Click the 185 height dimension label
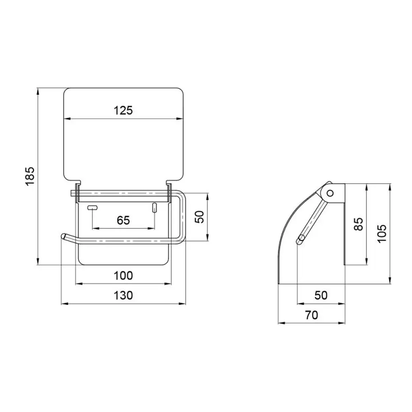30,176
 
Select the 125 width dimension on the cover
123,110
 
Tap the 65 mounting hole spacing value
123,220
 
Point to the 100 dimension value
123,276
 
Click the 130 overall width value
123,295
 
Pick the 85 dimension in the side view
358,224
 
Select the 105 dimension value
382,234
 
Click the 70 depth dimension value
311,315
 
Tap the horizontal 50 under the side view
321,295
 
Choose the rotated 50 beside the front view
199,217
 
